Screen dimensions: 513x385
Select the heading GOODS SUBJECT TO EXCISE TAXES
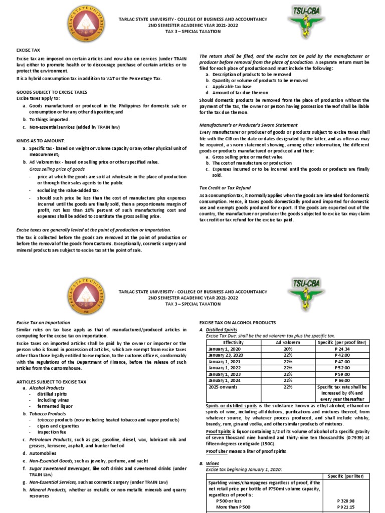click(52, 93)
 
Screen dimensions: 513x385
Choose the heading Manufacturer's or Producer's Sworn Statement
click(248, 125)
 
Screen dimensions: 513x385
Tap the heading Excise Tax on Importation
click(44, 323)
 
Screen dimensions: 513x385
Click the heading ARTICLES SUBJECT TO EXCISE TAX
click(52, 382)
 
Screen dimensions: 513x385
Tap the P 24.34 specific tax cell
click(342, 348)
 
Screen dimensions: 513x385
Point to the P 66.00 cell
click(342, 380)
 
